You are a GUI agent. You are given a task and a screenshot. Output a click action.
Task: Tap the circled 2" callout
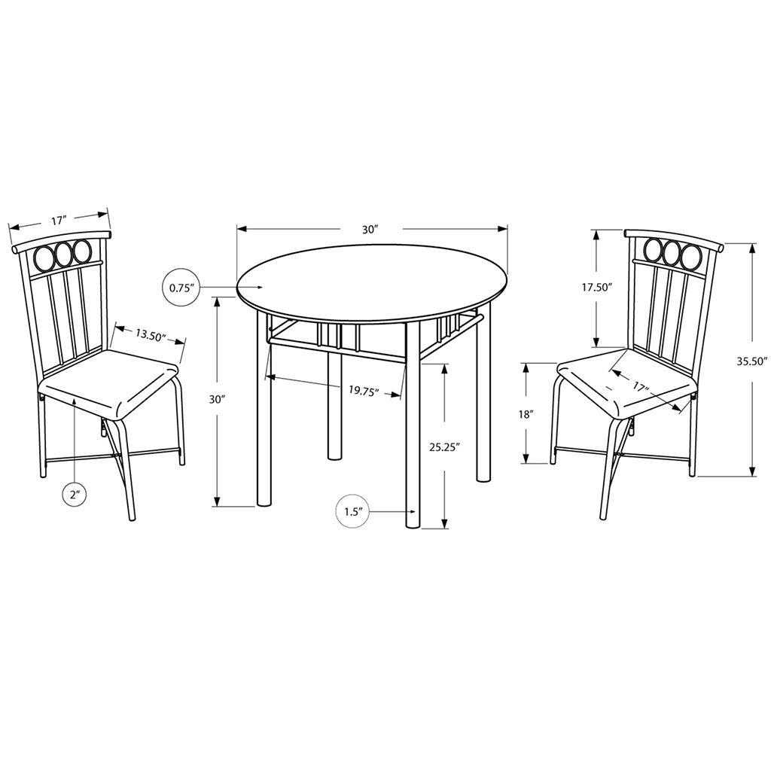pos(75,495)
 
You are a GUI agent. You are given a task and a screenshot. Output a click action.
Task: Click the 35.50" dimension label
pos(752,362)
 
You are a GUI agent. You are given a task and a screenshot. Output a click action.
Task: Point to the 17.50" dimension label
pos(596,287)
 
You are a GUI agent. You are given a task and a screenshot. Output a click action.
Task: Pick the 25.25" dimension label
pos(443,447)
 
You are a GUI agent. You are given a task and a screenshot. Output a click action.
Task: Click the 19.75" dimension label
pos(364,391)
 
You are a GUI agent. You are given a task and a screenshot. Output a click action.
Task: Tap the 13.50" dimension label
pos(151,335)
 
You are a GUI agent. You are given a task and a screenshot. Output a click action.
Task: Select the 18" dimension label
pos(526,415)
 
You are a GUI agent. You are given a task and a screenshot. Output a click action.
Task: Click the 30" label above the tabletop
pos(370,230)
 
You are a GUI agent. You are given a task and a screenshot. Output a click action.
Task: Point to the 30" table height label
pos(216,399)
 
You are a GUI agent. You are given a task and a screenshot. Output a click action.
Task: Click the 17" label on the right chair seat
pos(638,386)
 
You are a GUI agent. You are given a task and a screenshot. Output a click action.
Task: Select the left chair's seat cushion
pos(108,382)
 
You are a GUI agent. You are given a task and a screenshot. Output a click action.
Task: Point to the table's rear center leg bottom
pos(335,457)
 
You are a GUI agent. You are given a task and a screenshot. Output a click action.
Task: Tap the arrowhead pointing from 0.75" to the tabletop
pos(259,287)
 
